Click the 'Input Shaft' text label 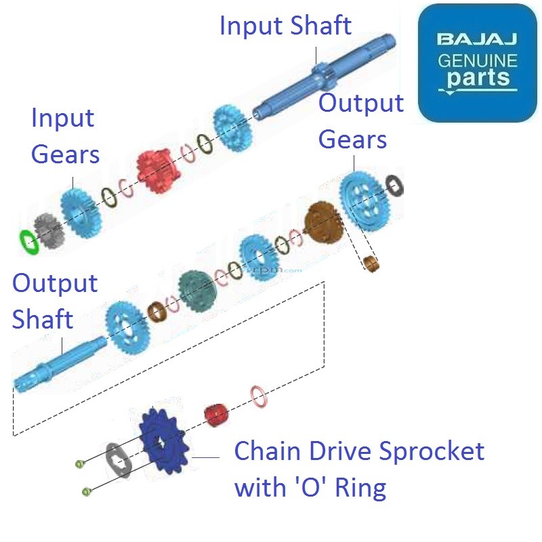pos(285,26)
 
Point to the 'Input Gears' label pos(65,136)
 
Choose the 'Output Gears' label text pos(360,122)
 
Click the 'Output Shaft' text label pos(54,301)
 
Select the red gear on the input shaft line pos(157,170)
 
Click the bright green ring pos(28,239)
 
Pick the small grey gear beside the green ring pos(47,230)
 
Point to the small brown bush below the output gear pos(371,263)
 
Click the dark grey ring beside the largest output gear pos(394,184)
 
